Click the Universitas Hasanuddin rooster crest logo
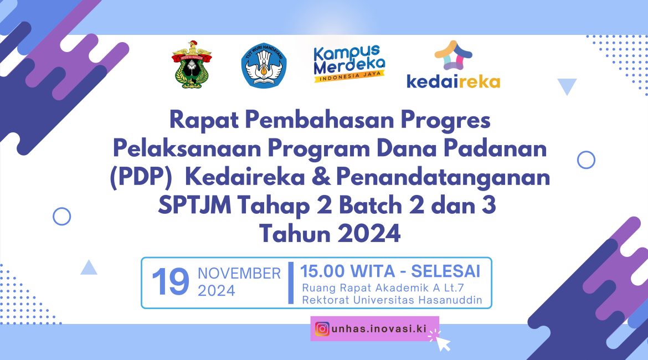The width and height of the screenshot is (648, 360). (x=191, y=64)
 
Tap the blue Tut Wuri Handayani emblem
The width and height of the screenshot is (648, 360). (x=264, y=65)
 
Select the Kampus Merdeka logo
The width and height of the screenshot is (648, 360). (x=349, y=63)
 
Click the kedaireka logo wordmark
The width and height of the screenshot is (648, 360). (x=454, y=81)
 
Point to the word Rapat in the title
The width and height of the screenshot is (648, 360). (x=204, y=121)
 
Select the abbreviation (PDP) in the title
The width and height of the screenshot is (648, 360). (x=141, y=177)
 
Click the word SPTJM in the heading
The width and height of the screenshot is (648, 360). (x=194, y=205)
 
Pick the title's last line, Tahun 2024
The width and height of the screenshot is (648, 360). (x=330, y=233)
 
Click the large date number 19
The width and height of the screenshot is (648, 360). (x=170, y=282)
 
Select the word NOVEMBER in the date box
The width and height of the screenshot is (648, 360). (x=239, y=273)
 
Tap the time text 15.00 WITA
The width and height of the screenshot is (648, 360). (x=348, y=271)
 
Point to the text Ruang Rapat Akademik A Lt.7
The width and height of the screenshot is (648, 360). (x=383, y=287)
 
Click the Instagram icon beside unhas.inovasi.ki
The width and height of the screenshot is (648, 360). (x=322, y=329)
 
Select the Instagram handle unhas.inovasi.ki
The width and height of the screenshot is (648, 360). (x=379, y=329)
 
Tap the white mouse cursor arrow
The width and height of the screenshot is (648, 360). (x=443, y=343)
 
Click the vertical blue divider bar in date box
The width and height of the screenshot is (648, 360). (x=291, y=282)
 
